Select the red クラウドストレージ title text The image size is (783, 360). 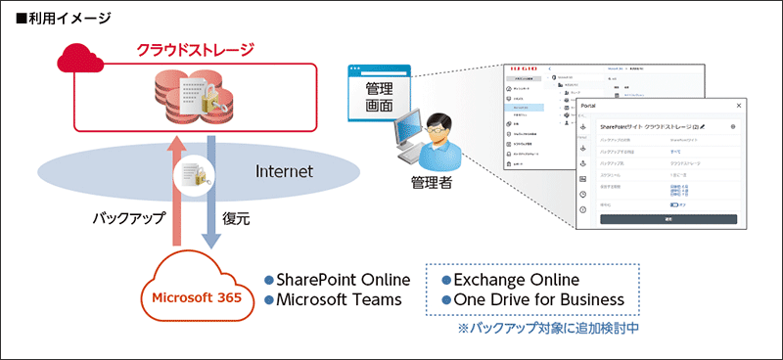[196, 50]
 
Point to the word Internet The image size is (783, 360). [284, 171]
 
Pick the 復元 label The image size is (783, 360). [237, 219]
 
